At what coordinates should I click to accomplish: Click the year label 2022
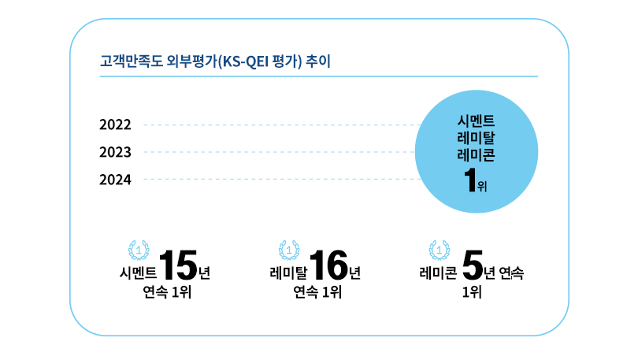click(x=115, y=124)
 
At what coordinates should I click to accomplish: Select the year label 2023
click(x=115, y=152)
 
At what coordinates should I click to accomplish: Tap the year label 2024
click(x=115, y=180)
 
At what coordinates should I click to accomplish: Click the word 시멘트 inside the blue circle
click(x=476, y=121)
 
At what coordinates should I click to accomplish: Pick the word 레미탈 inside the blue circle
click(x=476, y=139)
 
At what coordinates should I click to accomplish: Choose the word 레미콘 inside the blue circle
click(x=476, y=155)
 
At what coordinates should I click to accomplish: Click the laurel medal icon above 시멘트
click(x=139, y=251)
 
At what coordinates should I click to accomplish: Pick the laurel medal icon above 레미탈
click(x=289, y=251)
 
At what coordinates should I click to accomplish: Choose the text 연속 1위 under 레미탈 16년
click(x=317, y=294)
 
